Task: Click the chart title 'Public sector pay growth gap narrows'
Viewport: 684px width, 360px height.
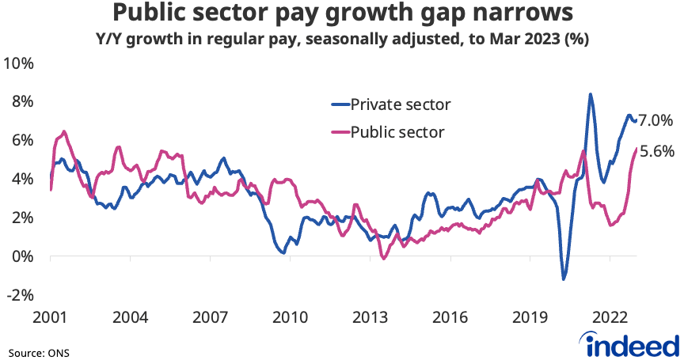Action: tap(342, 13)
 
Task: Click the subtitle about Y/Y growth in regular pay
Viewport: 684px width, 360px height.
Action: tap(342, 39)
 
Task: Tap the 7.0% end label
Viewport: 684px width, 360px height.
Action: tap(655, 120)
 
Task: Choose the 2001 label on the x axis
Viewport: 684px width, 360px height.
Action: tap(51, 317)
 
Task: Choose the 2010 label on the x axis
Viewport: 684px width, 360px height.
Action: tap(290, 317)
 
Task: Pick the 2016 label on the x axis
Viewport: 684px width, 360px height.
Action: tap(450, 317)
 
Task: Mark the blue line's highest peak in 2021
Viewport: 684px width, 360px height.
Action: tap(590, 94)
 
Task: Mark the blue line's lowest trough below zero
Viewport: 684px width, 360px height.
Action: tap(564, 279)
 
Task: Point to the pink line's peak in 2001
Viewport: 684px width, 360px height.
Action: tap(64, 131)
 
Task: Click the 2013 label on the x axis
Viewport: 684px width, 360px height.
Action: tap(370, 317)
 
